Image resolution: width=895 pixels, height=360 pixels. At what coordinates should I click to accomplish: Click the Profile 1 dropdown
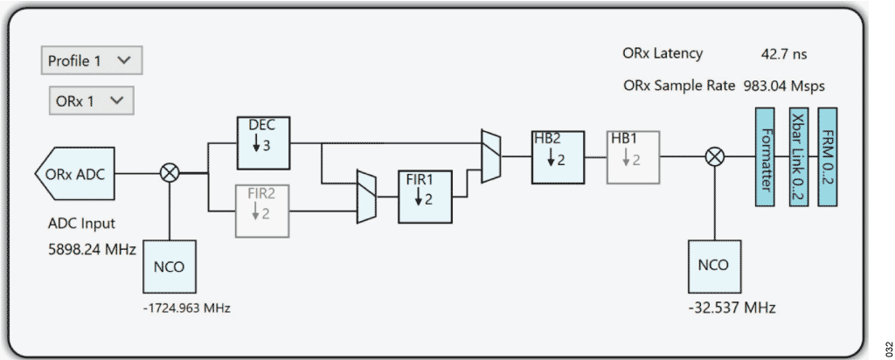click(x=91, y=60)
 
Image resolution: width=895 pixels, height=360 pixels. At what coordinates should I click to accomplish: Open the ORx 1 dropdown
click(x=91, y=100)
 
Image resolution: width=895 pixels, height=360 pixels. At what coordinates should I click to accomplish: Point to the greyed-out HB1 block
click(x=633, y=156)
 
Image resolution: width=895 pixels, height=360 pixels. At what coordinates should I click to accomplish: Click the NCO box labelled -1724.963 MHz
click(x=169, y=267)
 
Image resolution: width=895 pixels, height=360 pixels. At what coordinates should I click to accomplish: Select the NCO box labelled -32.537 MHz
click(x=714, y=267)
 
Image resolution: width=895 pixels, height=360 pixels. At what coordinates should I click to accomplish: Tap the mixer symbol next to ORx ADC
click(x=169, y=173)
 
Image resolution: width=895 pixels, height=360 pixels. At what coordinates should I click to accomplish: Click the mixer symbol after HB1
click(x=714, y=156)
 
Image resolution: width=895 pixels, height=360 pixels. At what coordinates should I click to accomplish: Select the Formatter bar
click(x=764, y=156)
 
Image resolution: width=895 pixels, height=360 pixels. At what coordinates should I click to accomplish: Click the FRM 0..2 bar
click(x=827, y=156)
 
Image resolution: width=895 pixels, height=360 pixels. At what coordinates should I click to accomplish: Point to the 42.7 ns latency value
click(x=784, y=53)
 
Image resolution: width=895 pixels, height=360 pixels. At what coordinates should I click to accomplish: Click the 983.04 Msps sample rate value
click(x=784, y=86)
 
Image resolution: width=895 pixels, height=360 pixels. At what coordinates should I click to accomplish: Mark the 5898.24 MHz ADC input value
click(x=92, y=249)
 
